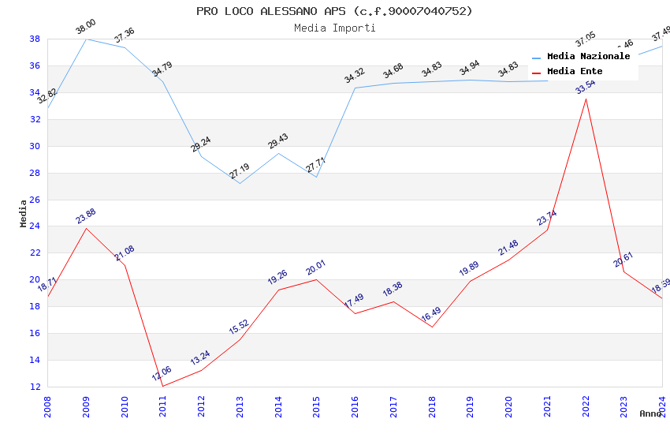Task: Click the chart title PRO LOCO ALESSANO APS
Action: [334, 11]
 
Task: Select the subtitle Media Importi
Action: [334, 28]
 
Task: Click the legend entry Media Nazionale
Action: [588, 57]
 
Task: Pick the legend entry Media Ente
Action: [575, 72]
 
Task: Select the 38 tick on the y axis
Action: [35, 39]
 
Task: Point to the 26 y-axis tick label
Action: [35, 200]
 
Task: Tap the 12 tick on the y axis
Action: [35, 387]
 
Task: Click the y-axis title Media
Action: [24, 213]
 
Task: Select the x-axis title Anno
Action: [650, 413]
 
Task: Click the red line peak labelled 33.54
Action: [585, 99]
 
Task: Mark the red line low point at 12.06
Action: [163, 386]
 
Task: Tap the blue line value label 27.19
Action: [240, 171]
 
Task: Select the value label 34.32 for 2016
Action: [355, 76]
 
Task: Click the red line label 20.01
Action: [316, 268]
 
